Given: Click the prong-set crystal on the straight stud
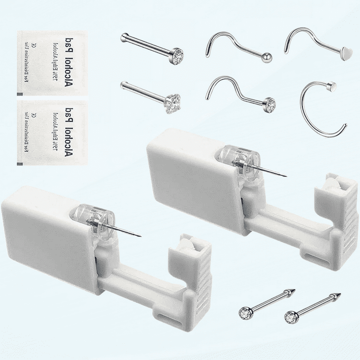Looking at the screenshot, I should click(173, 101).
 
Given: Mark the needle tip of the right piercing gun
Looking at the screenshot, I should click(286, 177).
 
